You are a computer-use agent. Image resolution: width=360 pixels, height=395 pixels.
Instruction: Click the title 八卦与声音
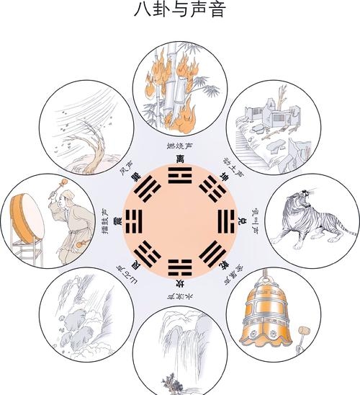click(179, 11)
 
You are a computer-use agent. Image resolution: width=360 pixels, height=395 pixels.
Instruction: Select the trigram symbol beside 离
click(179, 175)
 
